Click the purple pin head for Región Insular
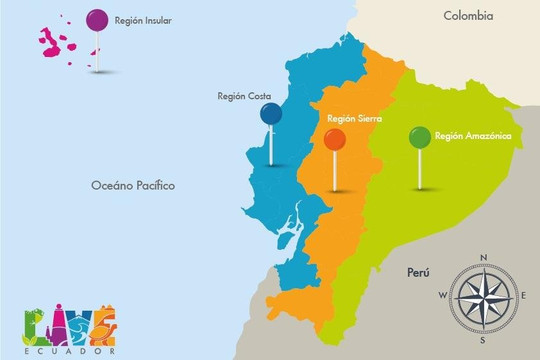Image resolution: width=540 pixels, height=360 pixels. pos(98,19)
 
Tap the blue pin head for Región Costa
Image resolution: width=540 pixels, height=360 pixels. pos(270,115)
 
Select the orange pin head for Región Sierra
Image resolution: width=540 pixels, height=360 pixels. pos(335,138)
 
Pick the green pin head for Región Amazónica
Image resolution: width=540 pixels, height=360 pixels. pos(420,136)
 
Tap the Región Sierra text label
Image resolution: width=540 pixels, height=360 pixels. pos(357,118)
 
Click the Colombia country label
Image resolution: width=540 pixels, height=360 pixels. pos(468,15)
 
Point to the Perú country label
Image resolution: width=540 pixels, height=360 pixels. pos(418,272)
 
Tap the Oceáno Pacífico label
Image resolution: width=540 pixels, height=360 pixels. pos(132,186)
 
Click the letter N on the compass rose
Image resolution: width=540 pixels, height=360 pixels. pos(485,258)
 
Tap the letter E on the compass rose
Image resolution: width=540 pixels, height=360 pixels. pos(524,296)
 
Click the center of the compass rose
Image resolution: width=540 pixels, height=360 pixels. pos(485,296)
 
